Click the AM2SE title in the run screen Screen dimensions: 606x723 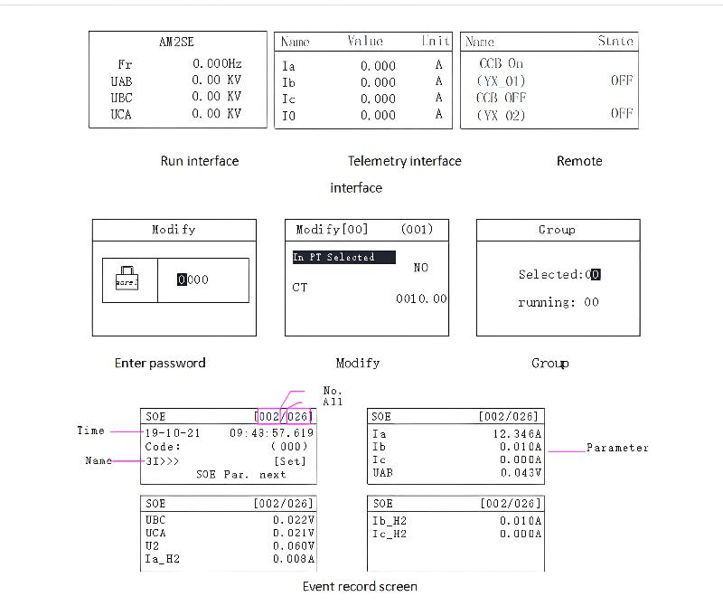pyautogui.click(x=176, y=42)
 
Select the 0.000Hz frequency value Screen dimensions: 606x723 pyautogui.click(x=217, y=64)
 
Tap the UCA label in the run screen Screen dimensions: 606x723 pyautogui.click(x=121, y=114)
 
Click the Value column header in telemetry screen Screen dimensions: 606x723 pyautogui.click(x=365, y=42)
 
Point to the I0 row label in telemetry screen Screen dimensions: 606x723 pyautogui.click(x=288, y=116)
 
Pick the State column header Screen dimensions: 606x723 pyautogui.click(x=615, y=42)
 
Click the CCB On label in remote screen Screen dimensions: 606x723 pyautogui.click(x=502, y=64)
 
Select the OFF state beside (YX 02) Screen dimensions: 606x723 pyautogui.click(x=621, y=114)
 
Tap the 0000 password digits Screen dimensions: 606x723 pyautogui.click(x=193, y=279)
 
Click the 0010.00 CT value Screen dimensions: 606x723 pyautogui.click(x=421, y=298)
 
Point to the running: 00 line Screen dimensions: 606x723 pyautogui.click(x=558, y=302)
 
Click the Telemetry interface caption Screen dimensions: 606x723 pyautogui.click(x=404, y=161)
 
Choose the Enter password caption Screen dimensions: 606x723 pyautogui.click(x=160, y=363)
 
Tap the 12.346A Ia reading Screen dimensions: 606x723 pyautogui.click(x=516, y=433)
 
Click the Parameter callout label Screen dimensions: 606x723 pyautogui.click(x=617, y=448)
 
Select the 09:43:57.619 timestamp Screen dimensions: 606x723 pyautogui.click(x=272, y=433)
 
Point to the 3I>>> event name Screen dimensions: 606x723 pyautogui.click(x=163, y=460)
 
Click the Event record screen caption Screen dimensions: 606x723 pyautogui.click(x=360, y=586)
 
